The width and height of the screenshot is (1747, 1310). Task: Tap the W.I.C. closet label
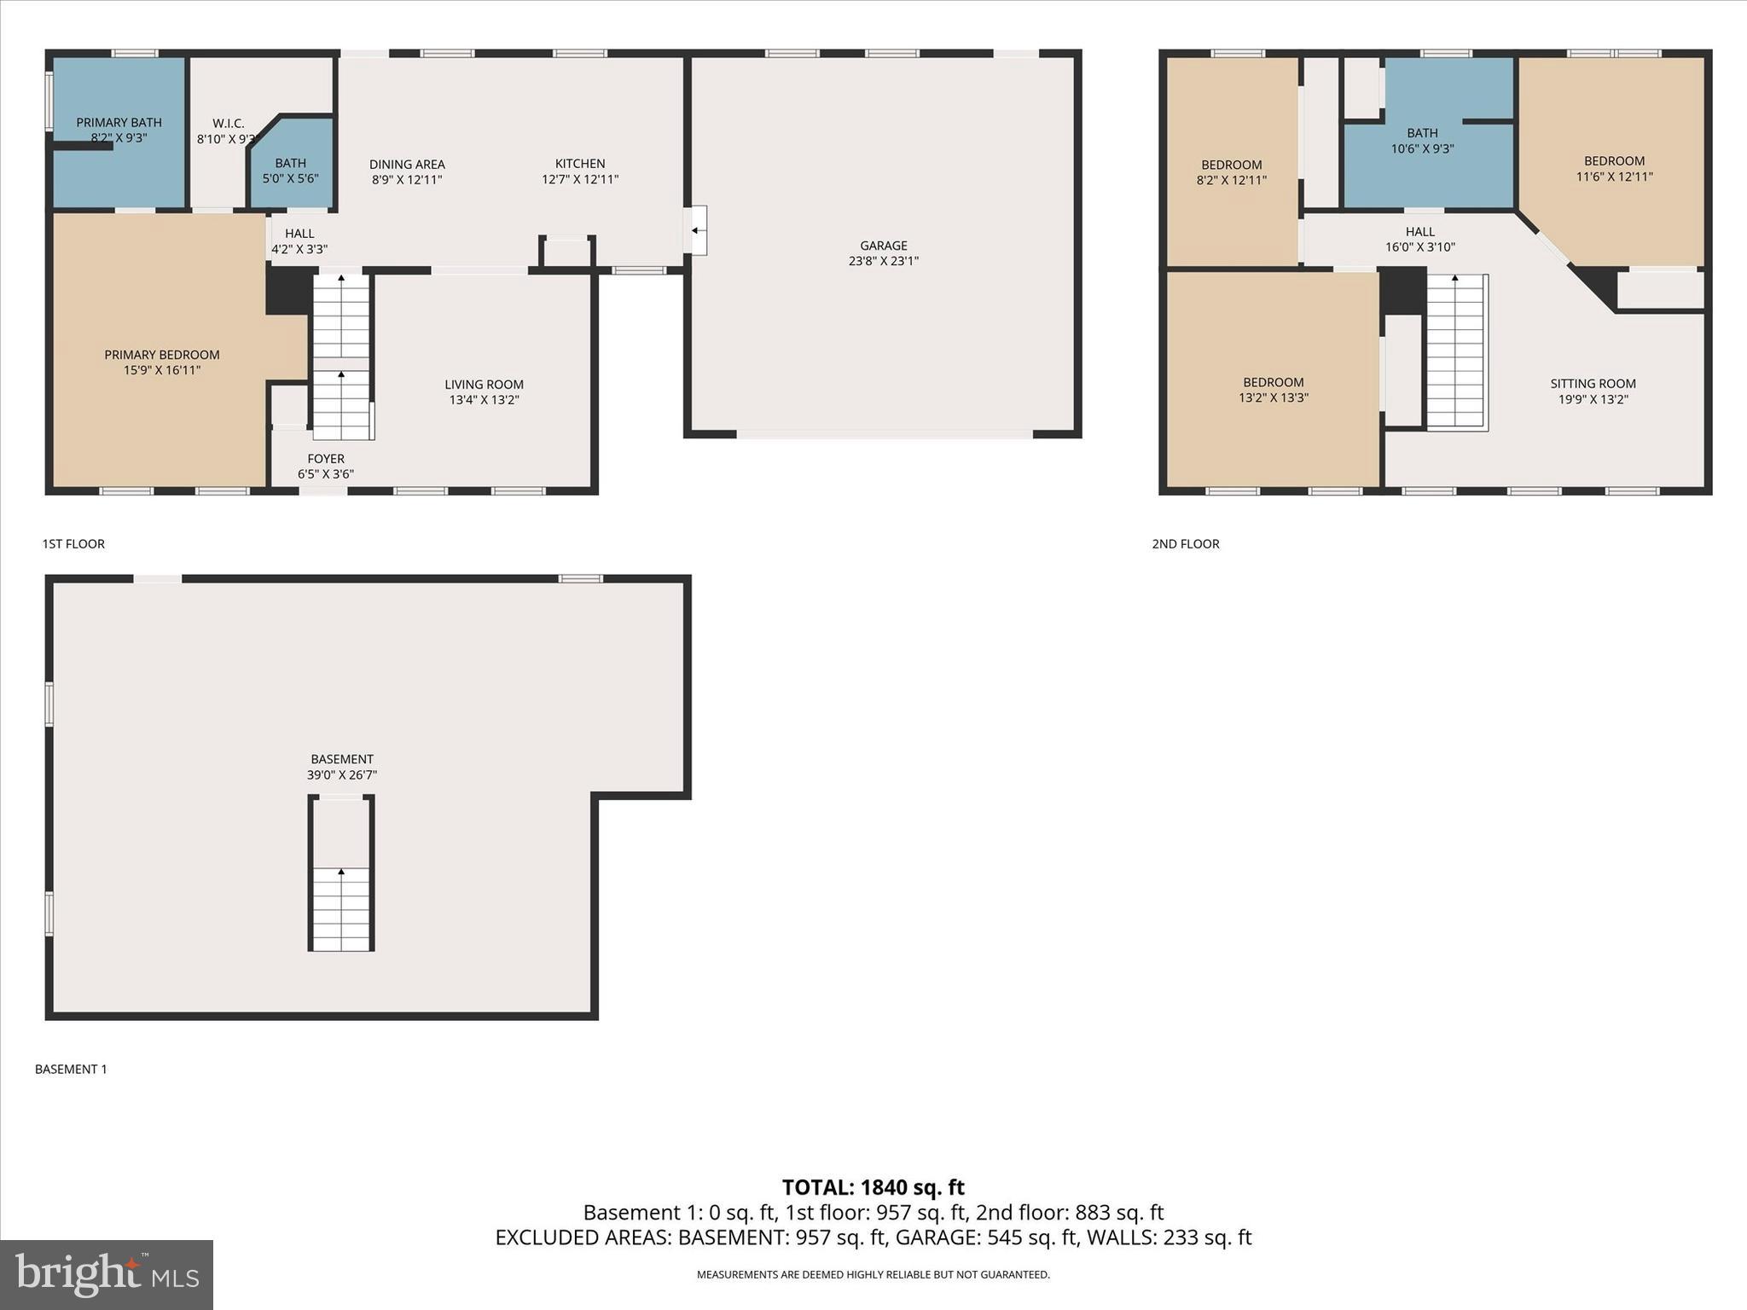(x=228, y=124)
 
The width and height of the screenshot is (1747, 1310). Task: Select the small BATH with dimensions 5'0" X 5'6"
(x=290, y=171)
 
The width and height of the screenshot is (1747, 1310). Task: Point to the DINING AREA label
(x=407, y=165)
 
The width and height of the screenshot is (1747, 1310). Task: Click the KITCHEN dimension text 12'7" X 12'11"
(x=579, y=180)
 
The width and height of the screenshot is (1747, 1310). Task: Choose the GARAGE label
(x=883, y=246)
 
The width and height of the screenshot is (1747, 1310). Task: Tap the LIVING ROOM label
(x=484, y=385)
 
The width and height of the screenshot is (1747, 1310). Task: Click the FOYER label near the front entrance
(x=326, y=459)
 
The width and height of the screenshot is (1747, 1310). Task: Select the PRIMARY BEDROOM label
(x=162, y=355)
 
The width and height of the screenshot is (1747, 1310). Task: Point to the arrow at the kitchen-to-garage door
(x=696, y=230)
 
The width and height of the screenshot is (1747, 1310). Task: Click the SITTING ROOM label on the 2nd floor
(x=1592, y=384)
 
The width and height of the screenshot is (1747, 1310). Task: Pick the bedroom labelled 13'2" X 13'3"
(x=1273, y=390)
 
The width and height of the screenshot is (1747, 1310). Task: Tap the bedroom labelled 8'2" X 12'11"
(x=1231, y=172)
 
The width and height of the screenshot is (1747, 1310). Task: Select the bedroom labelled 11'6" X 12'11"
(x=1614, y=169)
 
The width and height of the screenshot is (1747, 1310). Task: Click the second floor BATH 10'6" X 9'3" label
(x=1422, y=141)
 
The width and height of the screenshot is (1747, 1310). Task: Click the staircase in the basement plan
(x=341, y=908)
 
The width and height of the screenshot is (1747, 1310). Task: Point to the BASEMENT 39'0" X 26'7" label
(x=341, y=767)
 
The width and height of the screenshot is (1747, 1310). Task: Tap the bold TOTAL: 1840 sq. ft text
(x=873, y=1187)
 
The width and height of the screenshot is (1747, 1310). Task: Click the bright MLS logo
(x=107, y=1274)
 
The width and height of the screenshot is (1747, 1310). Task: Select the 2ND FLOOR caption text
(x=1185, y=544)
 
